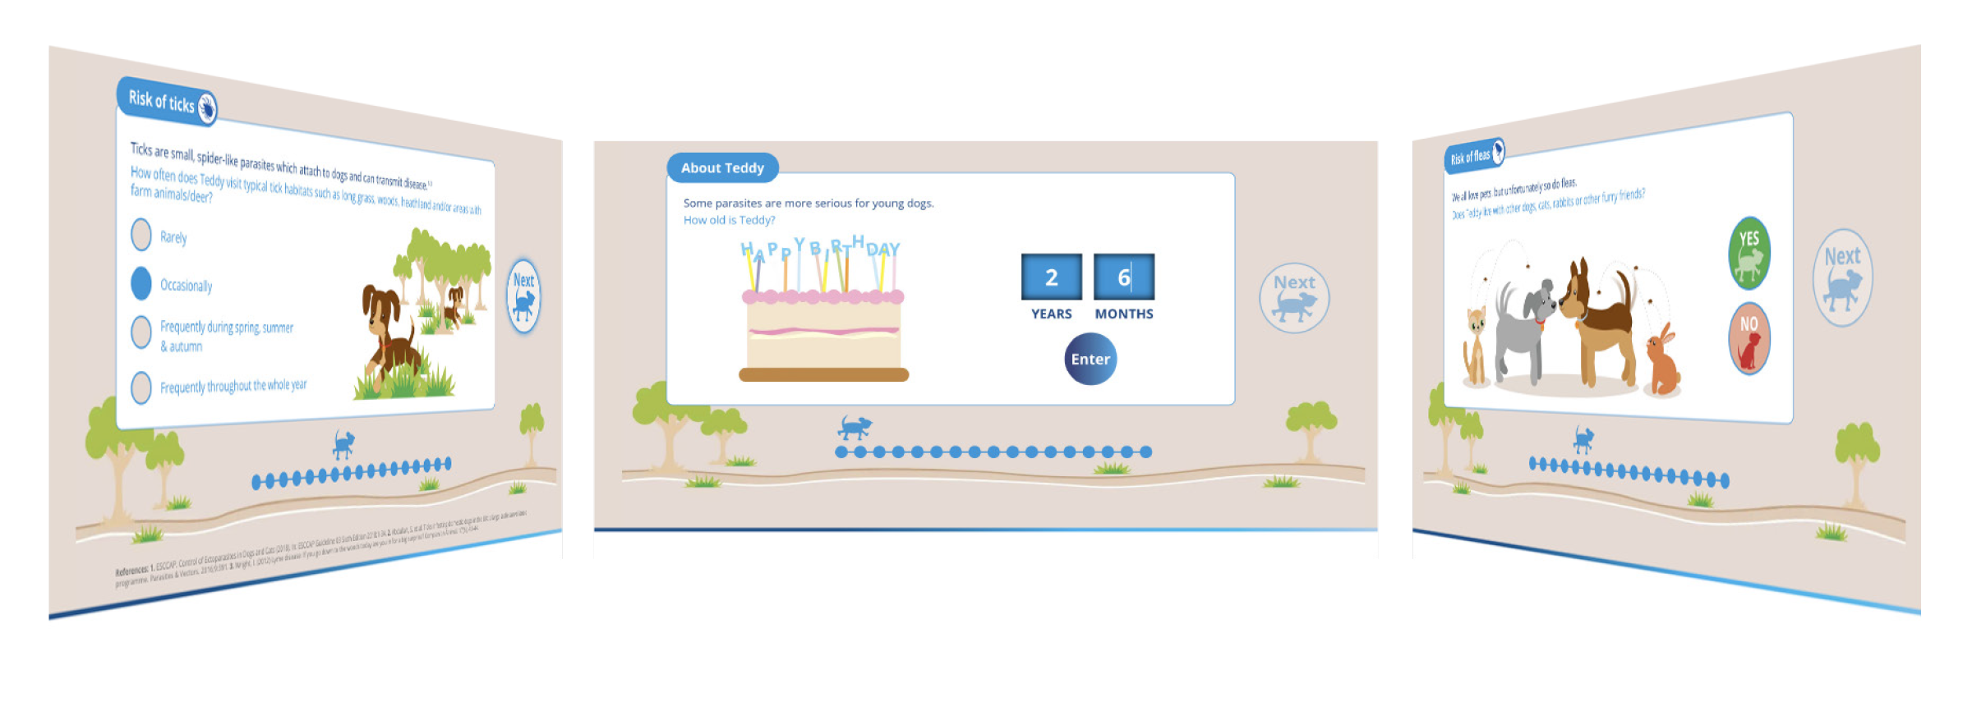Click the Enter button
point(1090,360)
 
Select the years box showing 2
point(1051,277)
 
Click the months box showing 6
point(1123,277)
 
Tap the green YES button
point(1749,252)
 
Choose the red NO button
point(1749,338)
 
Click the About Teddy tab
point(722,168)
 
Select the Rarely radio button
point(141,234)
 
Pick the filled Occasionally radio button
point(141,283)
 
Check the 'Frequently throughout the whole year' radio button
point(141,387)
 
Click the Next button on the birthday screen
point(1294,297)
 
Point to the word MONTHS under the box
point(1124,314)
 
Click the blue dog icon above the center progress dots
point(855,428)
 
